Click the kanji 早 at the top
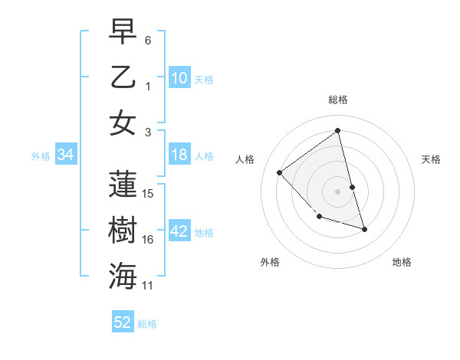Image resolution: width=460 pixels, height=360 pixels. (123, 31)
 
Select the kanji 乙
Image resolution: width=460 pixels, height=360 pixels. (123, 77)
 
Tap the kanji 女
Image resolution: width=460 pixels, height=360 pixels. (123, 123)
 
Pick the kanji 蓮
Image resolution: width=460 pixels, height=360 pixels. (123, 185)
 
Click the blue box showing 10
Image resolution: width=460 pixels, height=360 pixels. (179, 78)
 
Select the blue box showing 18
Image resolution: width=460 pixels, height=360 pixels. (179, 155)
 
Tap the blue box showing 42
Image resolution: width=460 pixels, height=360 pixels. (179, 232)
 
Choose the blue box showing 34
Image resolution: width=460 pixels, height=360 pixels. (66, 155)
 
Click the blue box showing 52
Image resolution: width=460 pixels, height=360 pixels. (123, 322)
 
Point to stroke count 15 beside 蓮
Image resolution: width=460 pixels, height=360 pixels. (149, 193)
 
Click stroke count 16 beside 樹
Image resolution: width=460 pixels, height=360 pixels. (149, 240)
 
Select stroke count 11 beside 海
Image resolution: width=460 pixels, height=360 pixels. (149, 286)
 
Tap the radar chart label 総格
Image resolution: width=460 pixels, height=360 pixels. (338, 100)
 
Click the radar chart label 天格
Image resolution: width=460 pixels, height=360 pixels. (431, 159)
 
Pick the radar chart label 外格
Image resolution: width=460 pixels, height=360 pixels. (270, 262)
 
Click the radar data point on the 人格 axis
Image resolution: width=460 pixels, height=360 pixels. (280, 172)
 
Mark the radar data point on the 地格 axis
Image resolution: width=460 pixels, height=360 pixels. (364, 229)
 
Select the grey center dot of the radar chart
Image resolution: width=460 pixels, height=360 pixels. (338, 191)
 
